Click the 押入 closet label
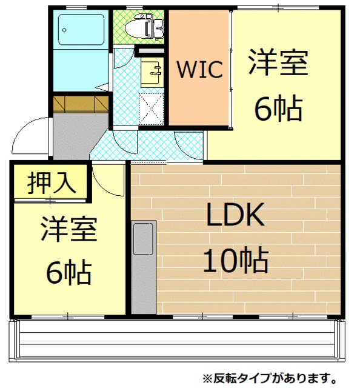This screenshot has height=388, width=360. tap(51, 182)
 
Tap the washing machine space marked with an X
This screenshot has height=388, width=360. tap(152, 108)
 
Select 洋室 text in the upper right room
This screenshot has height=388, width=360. tap(278, 64)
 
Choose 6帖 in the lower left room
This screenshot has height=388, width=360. tap(68, 273)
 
